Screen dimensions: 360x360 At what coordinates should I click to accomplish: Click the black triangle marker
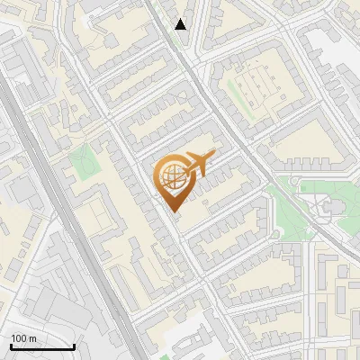coord(181,24)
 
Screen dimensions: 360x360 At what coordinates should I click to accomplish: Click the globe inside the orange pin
coord(171,176)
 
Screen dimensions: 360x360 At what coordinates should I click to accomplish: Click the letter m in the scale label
coord(32,338)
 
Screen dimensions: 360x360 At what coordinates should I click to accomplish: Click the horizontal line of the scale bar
coord(42,347)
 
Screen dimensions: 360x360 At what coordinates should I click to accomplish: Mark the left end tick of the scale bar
coord(11,346)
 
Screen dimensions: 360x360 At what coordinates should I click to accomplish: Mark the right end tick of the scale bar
coord(74,346)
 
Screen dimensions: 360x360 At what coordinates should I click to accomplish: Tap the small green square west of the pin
coord(82,160)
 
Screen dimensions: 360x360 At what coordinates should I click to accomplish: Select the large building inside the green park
coord(328,209)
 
